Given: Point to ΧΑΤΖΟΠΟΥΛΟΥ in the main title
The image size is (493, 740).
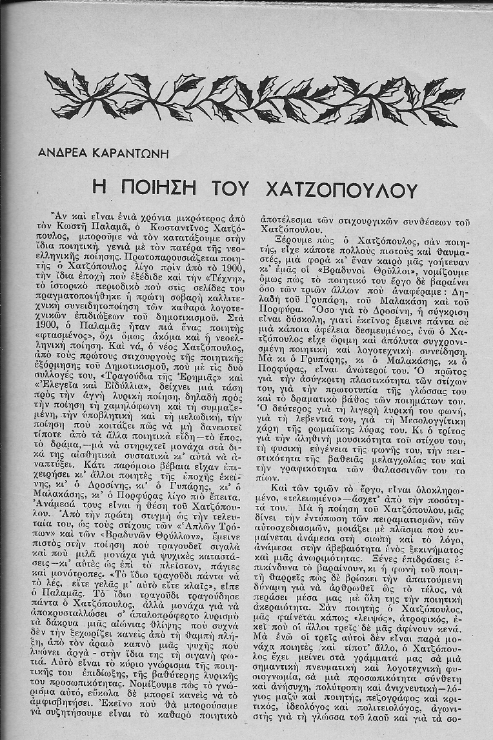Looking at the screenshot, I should point(342,188).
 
